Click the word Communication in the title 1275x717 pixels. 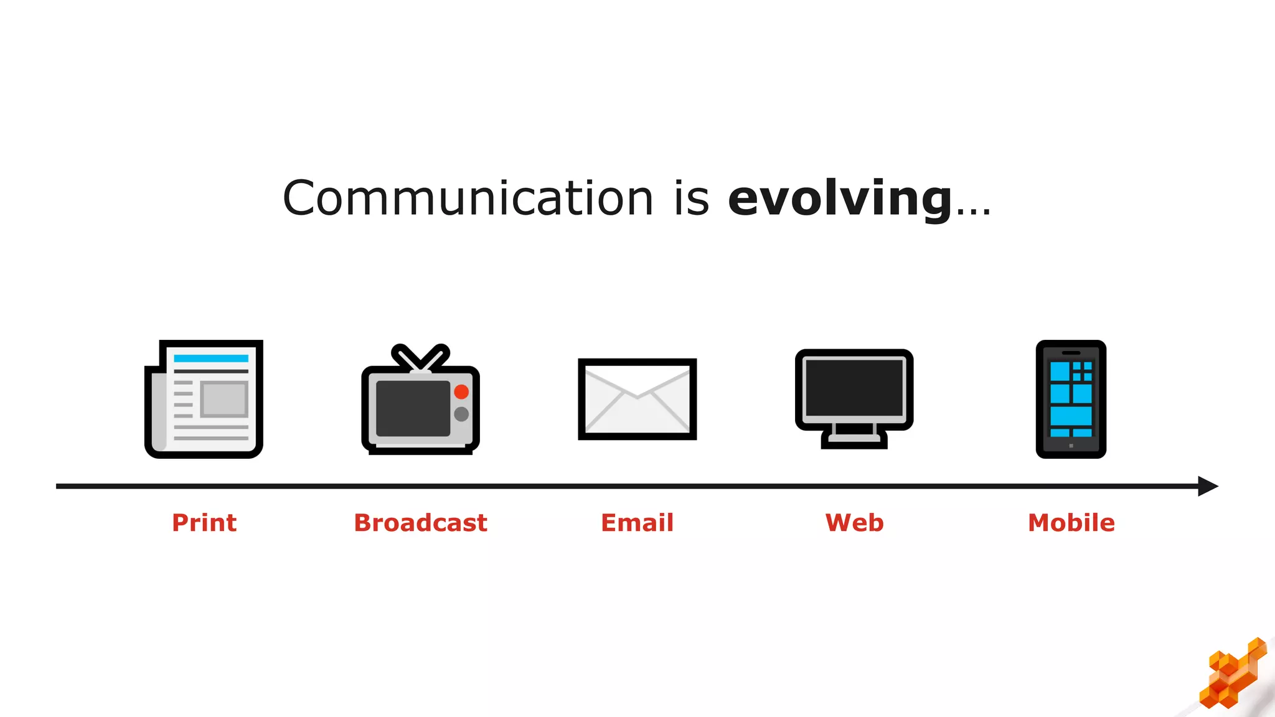click(467, 198)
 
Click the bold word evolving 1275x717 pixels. click(839, 198)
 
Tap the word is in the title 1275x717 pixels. click(691, 198)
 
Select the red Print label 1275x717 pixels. click(204, 523)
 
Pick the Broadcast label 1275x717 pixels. click(420, 523)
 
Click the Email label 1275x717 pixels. click(637, 523)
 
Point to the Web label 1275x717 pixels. click(854, 523)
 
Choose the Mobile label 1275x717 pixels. click(1071, 523)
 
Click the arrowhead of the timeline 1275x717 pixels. click(1208, 486)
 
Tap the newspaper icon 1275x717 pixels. click(204, 399)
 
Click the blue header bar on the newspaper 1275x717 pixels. click(210, 358)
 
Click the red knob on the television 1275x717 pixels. click(461, 391)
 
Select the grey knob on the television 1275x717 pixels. click(461, 414)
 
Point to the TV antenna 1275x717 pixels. click(420, 357)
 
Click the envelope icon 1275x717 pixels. click(637, 399)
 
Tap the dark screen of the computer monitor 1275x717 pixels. click(854, 387)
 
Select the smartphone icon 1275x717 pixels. click(1071, 399)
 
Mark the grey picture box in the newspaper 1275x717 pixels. click(224, 399)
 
